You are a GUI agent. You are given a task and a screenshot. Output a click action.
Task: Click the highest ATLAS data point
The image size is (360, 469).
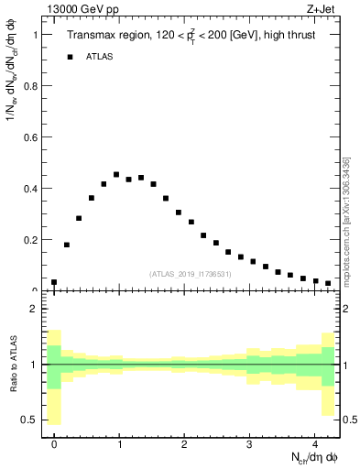(116, 174)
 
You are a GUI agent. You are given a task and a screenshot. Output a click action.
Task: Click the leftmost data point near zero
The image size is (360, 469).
(54, 282)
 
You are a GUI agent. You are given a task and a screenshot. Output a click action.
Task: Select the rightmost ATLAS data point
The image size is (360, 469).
(328, 283)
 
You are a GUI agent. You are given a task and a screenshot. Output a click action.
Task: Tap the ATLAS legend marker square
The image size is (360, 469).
(70, 57)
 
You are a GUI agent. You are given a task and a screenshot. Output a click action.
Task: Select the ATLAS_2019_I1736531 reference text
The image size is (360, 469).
(190, 274)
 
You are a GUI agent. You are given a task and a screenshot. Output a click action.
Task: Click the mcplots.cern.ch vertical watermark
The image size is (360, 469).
(345, 220)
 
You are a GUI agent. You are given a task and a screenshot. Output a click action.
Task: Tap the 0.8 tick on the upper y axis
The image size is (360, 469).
(33, 86)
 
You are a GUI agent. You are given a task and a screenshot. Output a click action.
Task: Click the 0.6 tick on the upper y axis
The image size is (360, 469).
(33, 137)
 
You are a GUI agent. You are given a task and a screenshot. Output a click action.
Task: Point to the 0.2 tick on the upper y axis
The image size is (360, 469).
(33, 240)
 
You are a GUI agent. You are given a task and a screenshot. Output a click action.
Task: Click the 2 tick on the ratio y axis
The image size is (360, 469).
(35, 310)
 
